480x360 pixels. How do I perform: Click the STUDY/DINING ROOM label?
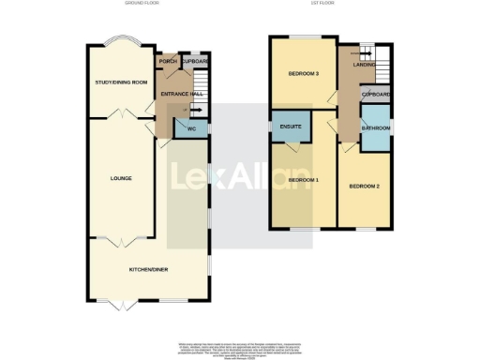[122, 82]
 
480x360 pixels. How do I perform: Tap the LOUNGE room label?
[120, 178]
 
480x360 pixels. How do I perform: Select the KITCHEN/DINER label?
[148, 269]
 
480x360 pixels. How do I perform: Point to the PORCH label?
[168, 62]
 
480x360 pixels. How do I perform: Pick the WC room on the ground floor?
[191, 128]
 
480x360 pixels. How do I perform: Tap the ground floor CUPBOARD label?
[196, 62]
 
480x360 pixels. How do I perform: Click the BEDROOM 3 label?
[304, 74]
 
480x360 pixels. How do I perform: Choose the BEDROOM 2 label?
[364, 186]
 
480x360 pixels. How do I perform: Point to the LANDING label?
[352, 64]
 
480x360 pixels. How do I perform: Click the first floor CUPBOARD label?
[376, 95]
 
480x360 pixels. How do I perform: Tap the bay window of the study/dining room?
[122, 43]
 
